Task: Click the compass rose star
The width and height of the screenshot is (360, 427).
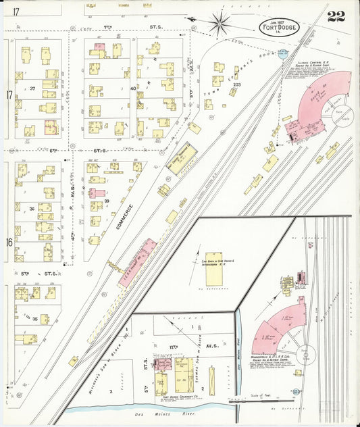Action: [x=220, y=24]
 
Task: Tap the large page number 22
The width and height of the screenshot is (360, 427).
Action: [x=336, y=17]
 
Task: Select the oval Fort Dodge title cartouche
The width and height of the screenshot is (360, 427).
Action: [x=275, y=28]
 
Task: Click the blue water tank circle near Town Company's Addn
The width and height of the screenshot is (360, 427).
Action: [x=281, y=55]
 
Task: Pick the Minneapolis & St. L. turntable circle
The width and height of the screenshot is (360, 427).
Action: [x=307, y=354]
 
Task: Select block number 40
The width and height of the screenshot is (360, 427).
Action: [x=133, y=88]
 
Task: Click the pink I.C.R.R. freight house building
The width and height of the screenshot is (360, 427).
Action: [x=138, y=261]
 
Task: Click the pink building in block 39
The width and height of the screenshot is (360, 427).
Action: [x=97, y=193]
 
